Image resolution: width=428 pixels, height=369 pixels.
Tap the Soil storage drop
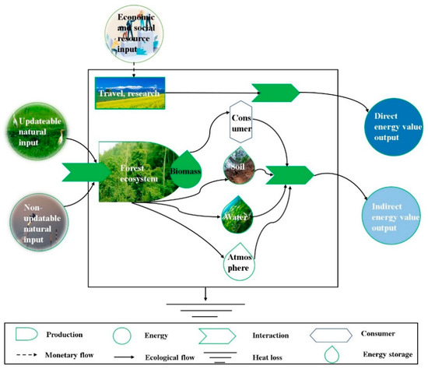(x=238, y=165)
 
